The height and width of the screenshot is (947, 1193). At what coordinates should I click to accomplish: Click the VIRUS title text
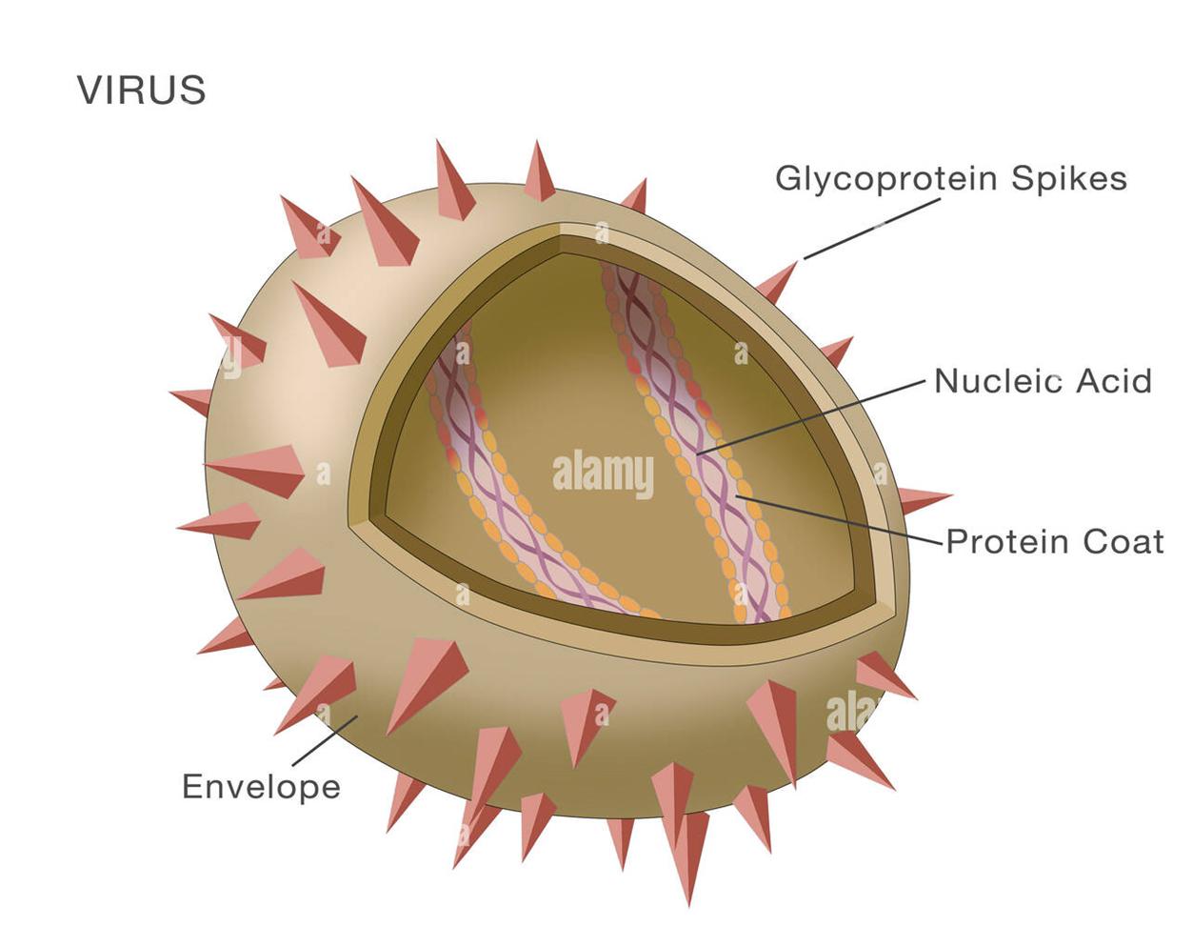pyautogui.click(x=141, y=91)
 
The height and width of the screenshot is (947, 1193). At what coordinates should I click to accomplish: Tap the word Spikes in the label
pyautogui.click(x=1068, y=179)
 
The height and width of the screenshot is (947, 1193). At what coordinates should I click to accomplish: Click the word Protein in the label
pyautogui.click(x=1006, y=541)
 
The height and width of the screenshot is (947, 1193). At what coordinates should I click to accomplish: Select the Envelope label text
pyautogui.click(x=261, y=787)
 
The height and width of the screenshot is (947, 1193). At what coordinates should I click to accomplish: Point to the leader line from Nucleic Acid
pyautogui.click(x=809, y=415)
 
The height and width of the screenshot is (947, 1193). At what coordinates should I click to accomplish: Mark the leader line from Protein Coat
pyautogui.click(x=838, y=518)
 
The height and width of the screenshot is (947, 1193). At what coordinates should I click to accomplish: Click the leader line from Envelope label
pyautogui.click(x=324, y=741)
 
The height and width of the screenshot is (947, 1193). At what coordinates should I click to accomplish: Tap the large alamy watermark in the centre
pyautogui.click(x=603, y=473)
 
